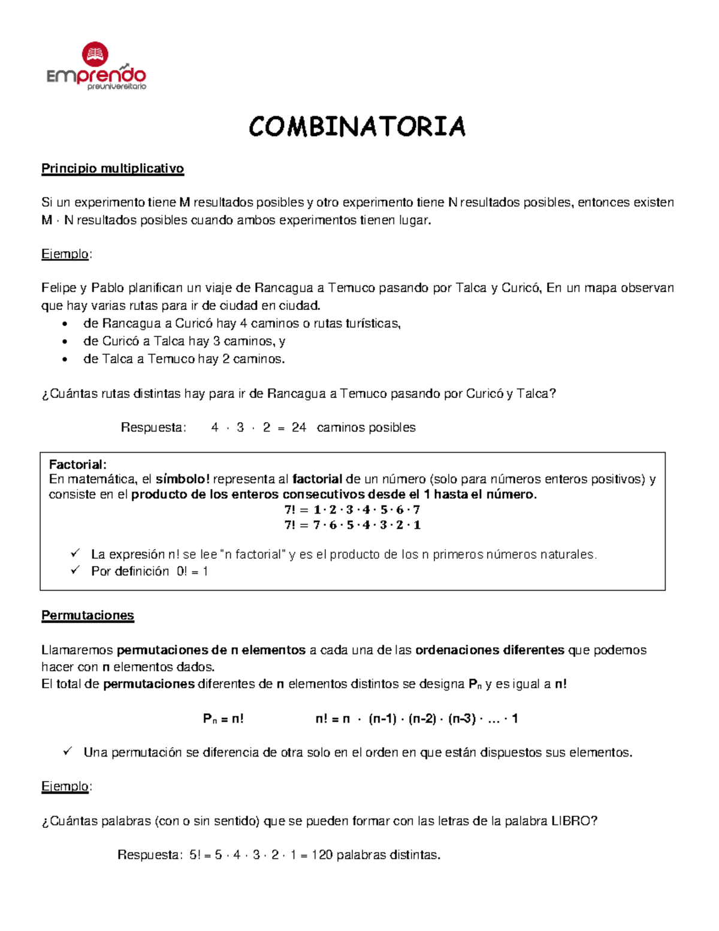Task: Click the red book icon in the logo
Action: (95, 54)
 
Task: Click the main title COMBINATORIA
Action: (357, 127)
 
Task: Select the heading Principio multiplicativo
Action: (112, 168)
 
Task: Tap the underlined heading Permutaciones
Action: (87, 616)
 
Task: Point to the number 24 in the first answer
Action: (298, 427)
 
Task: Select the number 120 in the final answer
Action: (322, 855)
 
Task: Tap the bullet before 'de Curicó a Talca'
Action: (65, 342)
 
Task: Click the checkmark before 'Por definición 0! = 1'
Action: (75, 570)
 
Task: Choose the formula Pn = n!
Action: (223, 719)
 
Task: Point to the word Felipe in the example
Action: (59, 288)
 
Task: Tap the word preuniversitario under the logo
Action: (117, 87)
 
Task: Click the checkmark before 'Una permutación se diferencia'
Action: (68, 751)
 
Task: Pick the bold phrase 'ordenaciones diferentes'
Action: (490, 650)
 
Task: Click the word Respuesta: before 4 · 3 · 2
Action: (153, 427)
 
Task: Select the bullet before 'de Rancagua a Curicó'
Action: (65, 324)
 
